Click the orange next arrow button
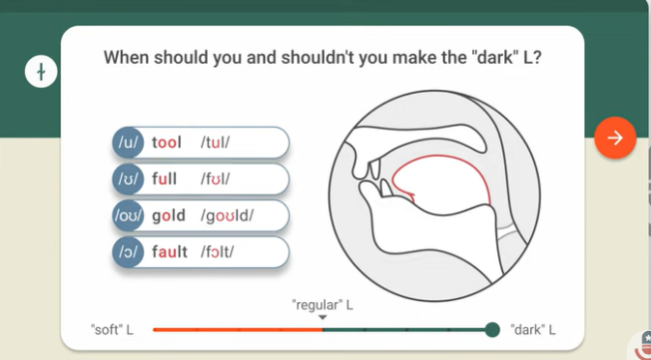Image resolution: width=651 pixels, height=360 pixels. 614,138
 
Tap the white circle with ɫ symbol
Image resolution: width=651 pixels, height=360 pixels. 42,72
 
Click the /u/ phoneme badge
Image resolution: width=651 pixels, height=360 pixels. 128,143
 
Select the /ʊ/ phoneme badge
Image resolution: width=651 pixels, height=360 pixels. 128,179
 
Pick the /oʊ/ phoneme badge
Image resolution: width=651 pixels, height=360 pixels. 128,216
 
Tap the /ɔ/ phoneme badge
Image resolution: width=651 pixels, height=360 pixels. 128,253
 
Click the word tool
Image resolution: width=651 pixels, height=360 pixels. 166,143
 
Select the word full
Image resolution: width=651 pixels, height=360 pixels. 164,179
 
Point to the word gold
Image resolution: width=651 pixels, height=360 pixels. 168,216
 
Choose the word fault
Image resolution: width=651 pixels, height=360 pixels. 170,253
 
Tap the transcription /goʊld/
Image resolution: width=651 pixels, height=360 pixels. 227,216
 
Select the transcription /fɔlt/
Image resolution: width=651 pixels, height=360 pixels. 218,253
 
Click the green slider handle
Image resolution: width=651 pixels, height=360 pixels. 492,330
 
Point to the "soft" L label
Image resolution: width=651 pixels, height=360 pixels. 111,330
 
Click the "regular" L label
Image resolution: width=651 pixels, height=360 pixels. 322,305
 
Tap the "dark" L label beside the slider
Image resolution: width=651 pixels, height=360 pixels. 532,330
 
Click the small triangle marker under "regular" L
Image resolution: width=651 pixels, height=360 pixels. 323,317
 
